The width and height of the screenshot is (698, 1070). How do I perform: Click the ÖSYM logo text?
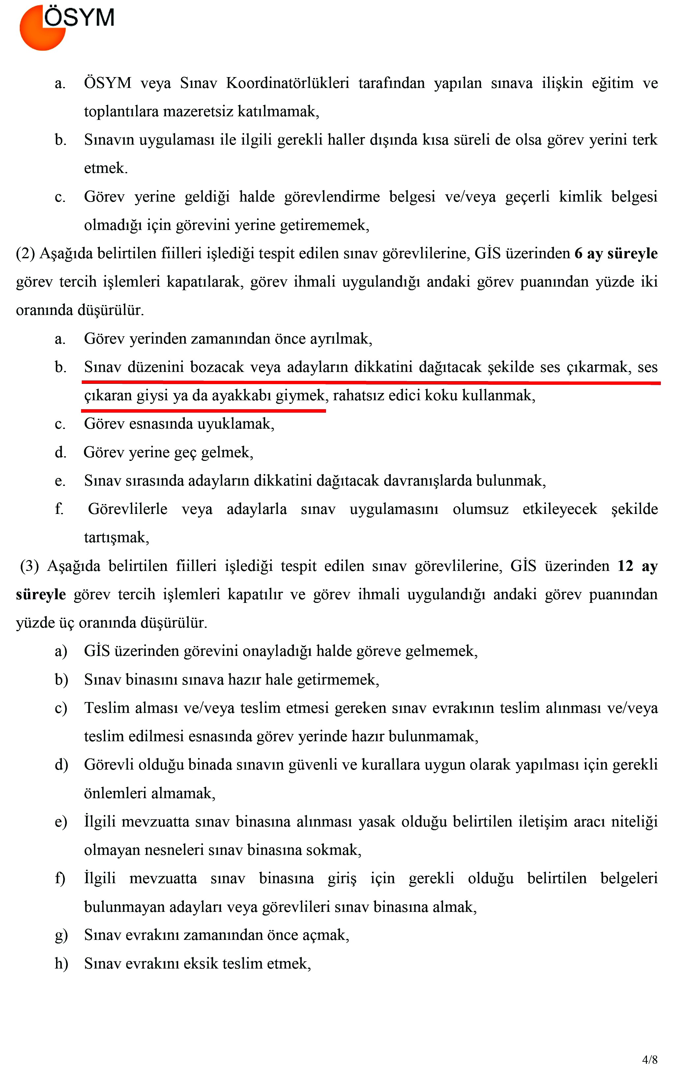point(79,18)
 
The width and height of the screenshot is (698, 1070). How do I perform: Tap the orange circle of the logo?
point(38,34)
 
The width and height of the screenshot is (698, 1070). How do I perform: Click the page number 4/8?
point(650,1059)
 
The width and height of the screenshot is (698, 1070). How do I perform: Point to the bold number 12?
point(625,566)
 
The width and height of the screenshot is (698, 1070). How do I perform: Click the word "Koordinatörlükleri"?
point(287,83)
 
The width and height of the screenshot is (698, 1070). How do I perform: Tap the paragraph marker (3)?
point(30,566)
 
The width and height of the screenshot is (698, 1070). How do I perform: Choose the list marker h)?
point(61,964)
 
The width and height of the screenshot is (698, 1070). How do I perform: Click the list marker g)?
point(61,935)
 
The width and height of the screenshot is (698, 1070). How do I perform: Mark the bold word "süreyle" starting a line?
point(41,594)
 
